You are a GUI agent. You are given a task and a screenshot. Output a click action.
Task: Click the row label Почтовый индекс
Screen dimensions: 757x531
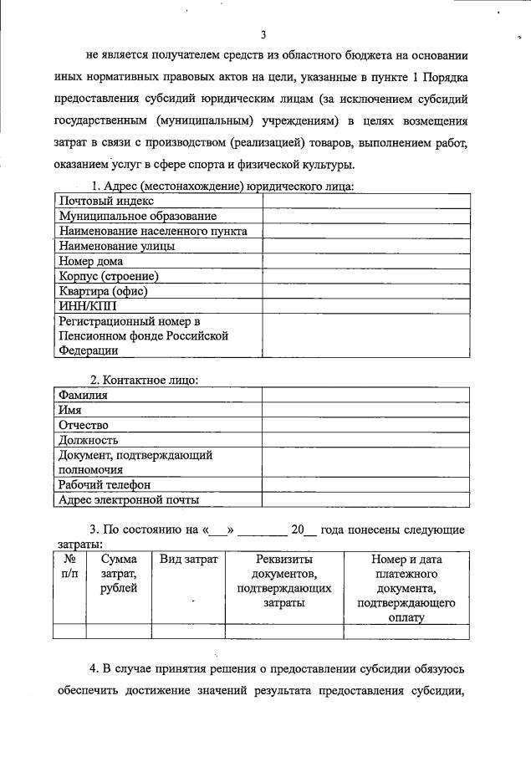[105, 201]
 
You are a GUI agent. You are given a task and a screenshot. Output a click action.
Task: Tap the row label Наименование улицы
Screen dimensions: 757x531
[116, 246]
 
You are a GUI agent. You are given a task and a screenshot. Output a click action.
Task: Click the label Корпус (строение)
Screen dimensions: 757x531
[109, 276]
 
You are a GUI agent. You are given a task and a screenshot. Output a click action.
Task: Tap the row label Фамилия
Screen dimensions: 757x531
[83, 395]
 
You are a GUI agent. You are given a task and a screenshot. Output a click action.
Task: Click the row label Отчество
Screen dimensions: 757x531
[84, 425]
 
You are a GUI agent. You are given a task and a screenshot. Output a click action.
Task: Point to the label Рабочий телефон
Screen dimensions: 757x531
[105, 485]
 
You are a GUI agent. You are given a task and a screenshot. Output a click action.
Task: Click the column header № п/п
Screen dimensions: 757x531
[70, 566]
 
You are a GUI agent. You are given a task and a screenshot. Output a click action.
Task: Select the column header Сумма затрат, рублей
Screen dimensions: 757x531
[119, 574]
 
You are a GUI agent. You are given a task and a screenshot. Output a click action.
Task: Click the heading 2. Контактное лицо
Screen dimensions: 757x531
[144, 380]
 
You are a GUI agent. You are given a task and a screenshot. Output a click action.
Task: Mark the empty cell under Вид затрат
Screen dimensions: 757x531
[188, 632]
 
